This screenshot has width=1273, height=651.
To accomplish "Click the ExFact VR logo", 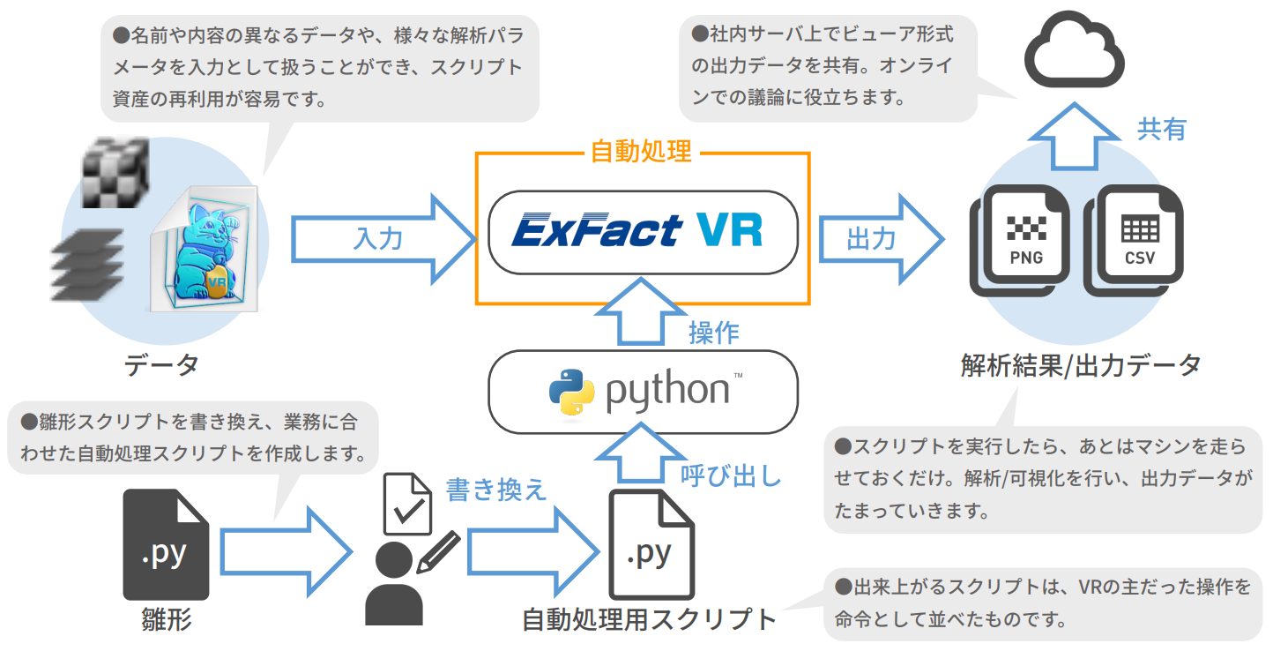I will [x=639, y=231].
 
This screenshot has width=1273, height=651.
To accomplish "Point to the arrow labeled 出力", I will [x=877, y=238].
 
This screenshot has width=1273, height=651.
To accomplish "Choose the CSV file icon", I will [x=1138, y=236].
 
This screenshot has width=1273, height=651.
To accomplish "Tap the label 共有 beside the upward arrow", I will [x=1161, y=129].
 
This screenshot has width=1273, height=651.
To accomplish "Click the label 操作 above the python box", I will [x=713, y=333].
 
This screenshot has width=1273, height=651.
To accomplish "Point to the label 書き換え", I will [x=495, y=490].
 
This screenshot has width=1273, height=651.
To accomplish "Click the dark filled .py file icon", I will [x=166, y=544].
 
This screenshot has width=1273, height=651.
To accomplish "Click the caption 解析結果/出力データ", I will [x=1081, y=364].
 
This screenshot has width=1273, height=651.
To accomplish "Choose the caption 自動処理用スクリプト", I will [x=649, y=619].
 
